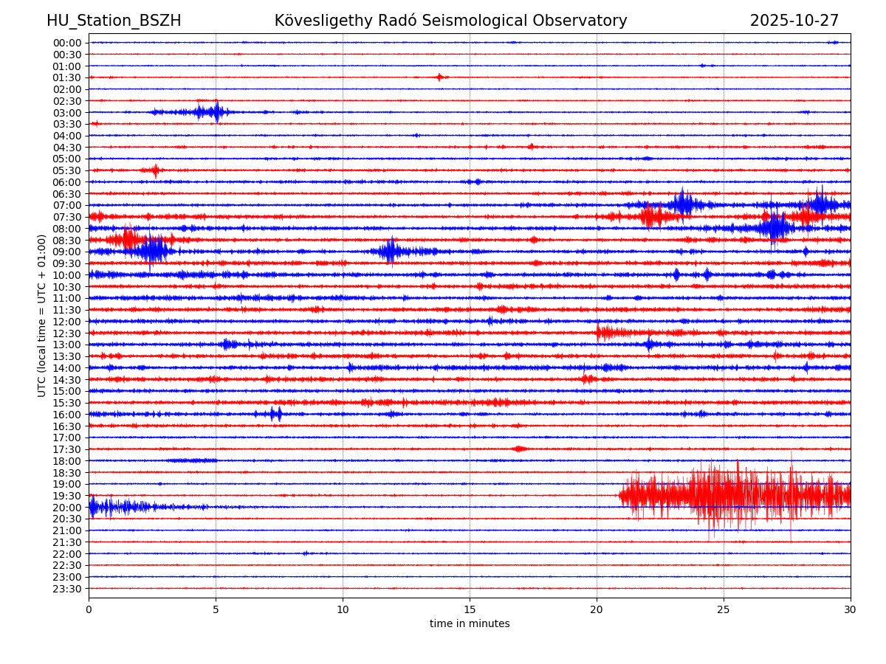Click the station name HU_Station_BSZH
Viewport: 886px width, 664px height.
(x=114, y=21)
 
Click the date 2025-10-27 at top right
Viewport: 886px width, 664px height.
(x=794, y=21)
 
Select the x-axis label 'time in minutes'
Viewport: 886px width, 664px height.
(x=470, y=624)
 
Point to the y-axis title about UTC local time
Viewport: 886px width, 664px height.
(x=42, y=316)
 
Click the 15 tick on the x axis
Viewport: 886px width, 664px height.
(x=470, y=609)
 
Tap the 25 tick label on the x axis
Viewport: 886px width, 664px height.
(x=724, y=609)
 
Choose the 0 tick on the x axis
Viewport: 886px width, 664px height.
(x=89, y=609)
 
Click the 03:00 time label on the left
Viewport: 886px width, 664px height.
(x=66, y=112)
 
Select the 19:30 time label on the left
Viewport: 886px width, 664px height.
(x=66, y=496)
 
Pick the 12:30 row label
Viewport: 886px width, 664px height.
(x=66, y=333)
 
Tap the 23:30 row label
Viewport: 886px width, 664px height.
(x=66, y=589)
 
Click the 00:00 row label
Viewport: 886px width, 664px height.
(x=66, y=43)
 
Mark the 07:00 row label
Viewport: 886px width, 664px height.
(x=66, y=205)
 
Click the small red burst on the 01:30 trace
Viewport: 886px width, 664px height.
(x=440, y=77)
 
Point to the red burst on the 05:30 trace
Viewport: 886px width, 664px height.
(x=155, y=170)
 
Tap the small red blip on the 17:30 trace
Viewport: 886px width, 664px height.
(x=519, y=449)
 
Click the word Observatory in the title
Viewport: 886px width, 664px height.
(x=585, y=21)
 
